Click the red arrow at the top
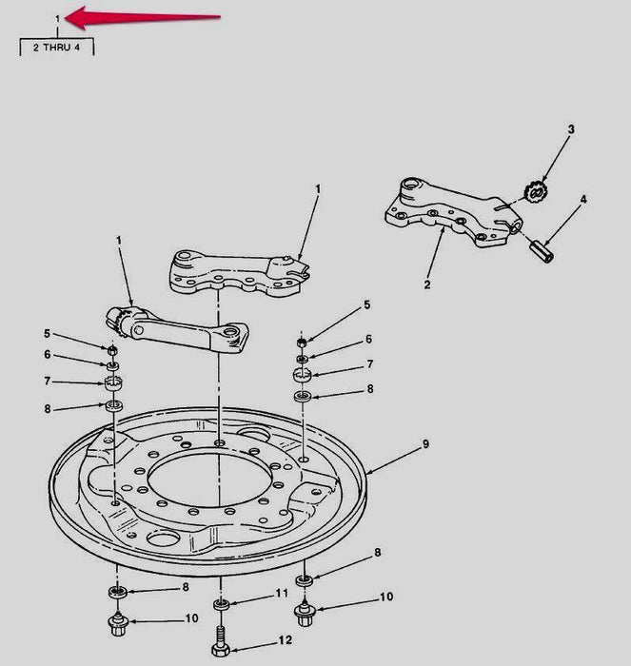[144, 18]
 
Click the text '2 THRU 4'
[56, 48]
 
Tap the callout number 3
[571, 129]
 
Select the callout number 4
[583, 199]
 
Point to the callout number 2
[427, 284]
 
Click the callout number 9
[425, 444]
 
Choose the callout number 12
[286, 639]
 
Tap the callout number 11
[282, 593]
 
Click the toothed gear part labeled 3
[536, 192]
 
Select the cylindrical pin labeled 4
[542, 251]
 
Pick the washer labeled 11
[222, 604]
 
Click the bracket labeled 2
[453, 213]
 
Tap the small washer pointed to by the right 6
[303, 360]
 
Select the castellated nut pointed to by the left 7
[114, 382]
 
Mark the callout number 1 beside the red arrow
[57, 19]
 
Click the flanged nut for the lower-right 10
[305, 613]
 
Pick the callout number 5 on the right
[366, 304]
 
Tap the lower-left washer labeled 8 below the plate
[118, 592]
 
